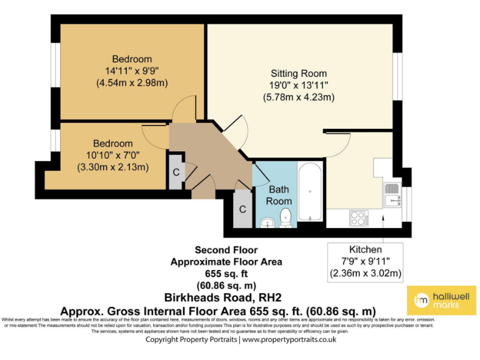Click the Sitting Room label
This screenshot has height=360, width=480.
(299, 73)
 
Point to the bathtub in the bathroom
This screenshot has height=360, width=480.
(311, 192)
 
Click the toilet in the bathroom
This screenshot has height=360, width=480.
(286, 218)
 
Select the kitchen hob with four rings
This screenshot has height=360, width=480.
(359, 218)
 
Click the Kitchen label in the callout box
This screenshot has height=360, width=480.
(366, 249)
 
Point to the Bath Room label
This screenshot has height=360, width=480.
(279, 195)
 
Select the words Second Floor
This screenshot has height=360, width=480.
(226, 250)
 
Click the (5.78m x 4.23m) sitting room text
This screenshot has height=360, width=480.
(299, 97)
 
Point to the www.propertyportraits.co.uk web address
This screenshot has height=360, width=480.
(289, 339)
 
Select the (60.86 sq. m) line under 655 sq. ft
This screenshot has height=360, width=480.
(226, 286)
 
